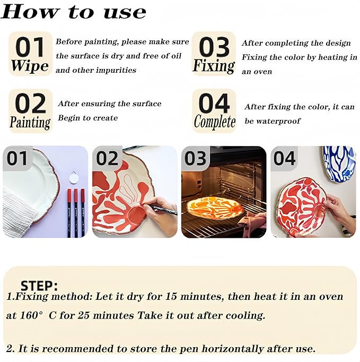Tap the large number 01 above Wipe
30,47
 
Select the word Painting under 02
30,123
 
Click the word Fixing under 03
214,66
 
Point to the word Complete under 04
215,122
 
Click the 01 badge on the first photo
17,159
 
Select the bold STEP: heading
39,286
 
